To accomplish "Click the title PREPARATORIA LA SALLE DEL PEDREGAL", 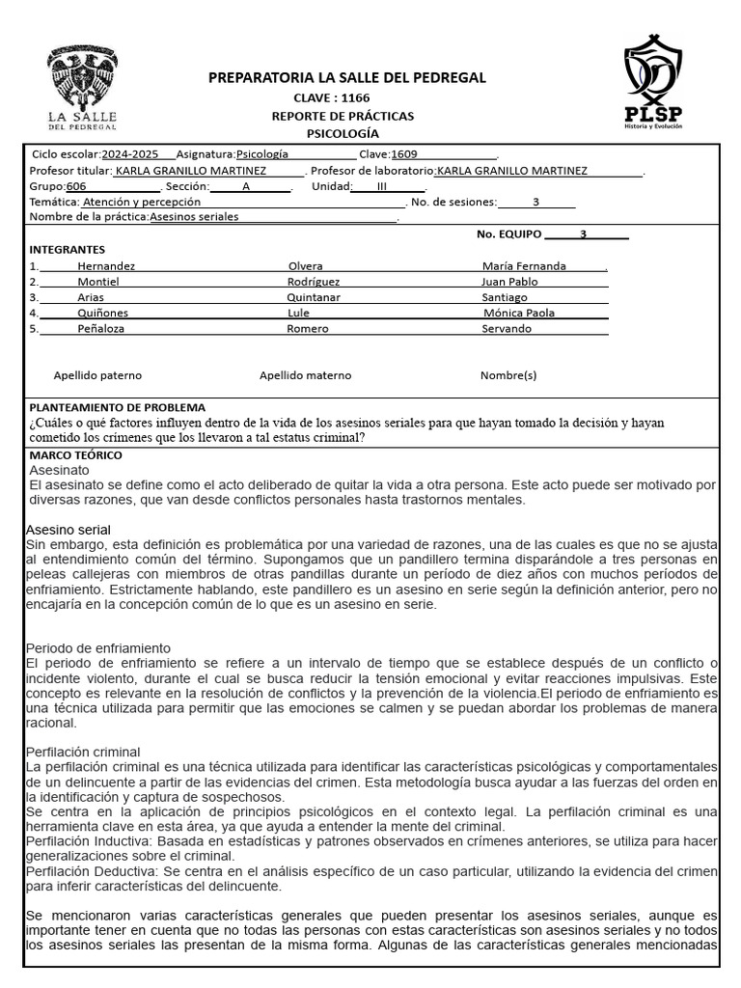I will [x=347, y=78].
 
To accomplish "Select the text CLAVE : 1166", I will [x=331, y=97].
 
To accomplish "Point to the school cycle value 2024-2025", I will [x=132, y=154].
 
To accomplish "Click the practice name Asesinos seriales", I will [x=194, y=217].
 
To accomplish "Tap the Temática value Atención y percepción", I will [x=142, y=202].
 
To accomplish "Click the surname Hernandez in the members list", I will [x=106, y=266].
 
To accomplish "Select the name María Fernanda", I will [x=524, y=266].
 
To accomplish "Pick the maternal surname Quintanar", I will [x=314, y=297].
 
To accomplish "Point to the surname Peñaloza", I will [x=101, y=328].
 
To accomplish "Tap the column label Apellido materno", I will [x=305, y=375].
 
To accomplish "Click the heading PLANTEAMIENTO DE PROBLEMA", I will [x=118, y=408].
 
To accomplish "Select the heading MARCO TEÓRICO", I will [x=76, y=454].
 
